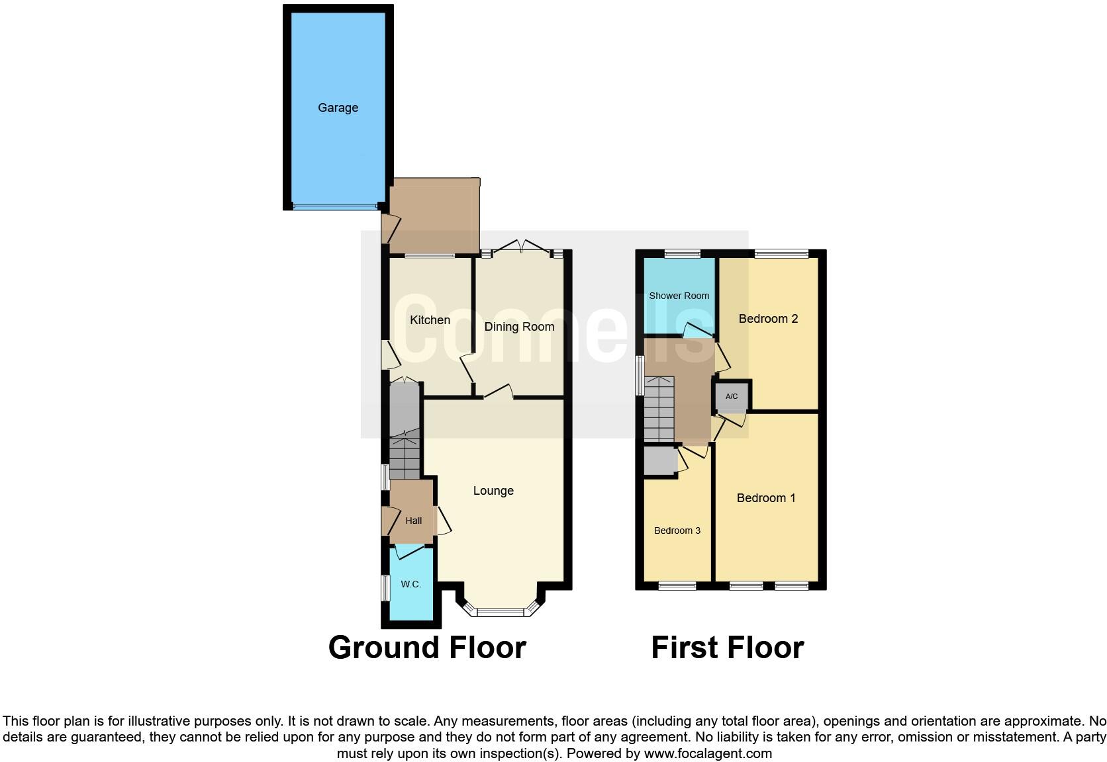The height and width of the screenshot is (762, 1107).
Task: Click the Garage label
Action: coord(338,108)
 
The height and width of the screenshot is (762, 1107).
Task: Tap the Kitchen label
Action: coord(430,320)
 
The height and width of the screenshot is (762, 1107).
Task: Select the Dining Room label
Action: coord(519,327)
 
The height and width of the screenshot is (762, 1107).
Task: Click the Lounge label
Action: coord(493,491)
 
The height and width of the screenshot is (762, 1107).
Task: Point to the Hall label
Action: coord(414,521)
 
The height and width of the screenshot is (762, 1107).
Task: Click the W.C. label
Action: coord(411,584)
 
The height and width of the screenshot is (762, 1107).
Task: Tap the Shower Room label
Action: coord(679,296)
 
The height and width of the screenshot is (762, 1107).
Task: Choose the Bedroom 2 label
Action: coord(768,319)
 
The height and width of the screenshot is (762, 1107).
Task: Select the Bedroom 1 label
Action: coord(766,498)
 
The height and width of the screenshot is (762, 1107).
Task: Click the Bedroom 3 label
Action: coord(677,530)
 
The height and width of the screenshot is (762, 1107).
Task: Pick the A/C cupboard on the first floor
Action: coord(732,397)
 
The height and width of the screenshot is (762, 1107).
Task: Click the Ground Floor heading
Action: coord(427,648)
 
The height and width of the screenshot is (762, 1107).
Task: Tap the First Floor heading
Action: coord(727,648)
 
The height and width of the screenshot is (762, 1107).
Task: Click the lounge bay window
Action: coord(501,612)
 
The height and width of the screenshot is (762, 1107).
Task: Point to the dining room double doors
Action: coord(521,247)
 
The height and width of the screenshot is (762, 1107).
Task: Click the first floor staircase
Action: coord(659,410)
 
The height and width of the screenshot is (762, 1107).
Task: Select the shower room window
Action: coord(682,253)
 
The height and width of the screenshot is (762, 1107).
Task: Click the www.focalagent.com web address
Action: coord(707,753)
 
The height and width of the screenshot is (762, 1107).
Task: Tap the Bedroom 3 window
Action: coord(677,585)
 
